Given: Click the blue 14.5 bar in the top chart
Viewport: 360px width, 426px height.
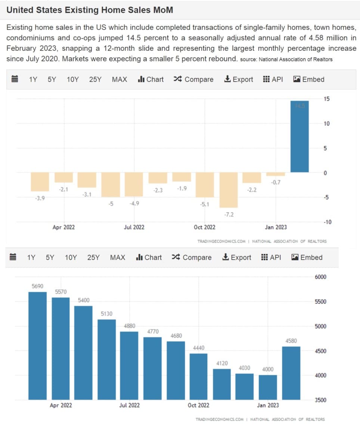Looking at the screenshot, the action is (300, 136).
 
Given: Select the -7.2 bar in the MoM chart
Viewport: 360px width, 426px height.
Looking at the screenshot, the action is (229, 190).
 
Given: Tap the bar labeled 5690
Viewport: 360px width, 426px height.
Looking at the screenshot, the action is (37, 346).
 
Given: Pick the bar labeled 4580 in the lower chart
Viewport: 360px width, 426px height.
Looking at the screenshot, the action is (291, 373).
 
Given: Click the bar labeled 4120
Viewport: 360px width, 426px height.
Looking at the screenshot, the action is (222, 384).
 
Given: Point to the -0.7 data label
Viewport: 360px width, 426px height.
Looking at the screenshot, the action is (276, 182).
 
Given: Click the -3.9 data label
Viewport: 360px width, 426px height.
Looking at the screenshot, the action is (40, 198).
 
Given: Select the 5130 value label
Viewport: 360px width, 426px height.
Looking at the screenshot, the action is (106, 314).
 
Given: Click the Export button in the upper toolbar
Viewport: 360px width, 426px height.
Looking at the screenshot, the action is (238, 79).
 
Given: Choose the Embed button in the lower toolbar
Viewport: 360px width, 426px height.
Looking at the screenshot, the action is (307, 258).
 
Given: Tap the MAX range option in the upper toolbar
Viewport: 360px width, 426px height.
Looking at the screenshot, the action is (120, 79).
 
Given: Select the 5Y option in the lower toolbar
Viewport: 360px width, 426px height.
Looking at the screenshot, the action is (50, 258).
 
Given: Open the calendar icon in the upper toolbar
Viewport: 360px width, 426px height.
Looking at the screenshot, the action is (15, 79).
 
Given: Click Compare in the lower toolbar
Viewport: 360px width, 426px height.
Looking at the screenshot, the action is (192, 258).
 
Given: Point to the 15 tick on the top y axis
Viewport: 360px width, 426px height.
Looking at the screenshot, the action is (327, 99).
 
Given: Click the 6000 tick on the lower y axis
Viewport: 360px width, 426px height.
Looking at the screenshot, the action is (321, 277).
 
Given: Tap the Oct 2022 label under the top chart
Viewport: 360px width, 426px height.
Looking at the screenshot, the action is (205, 227).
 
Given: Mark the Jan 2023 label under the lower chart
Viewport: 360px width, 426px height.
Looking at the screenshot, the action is (268, 405).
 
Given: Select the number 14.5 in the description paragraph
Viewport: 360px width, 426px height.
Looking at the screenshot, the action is (134, 38).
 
